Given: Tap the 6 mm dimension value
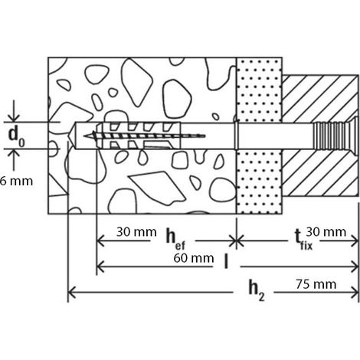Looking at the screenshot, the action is coord(16,182).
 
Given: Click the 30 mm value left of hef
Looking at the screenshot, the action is coord(136,232).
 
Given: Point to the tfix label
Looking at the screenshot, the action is coord(303,240).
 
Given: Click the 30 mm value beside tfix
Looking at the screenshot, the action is coord(326,232).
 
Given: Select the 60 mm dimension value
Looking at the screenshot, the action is coord(194,258).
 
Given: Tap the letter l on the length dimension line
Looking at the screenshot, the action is coord(226,261).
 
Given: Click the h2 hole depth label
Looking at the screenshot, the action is coord(256,290).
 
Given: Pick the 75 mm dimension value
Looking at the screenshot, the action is coord(316,284).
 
